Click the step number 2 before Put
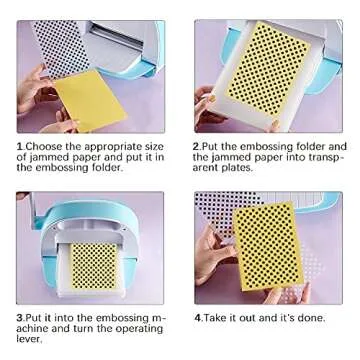pos(196,145)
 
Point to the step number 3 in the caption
pos(19,316)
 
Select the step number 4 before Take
pos(196,316)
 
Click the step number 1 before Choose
pos(18,145)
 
